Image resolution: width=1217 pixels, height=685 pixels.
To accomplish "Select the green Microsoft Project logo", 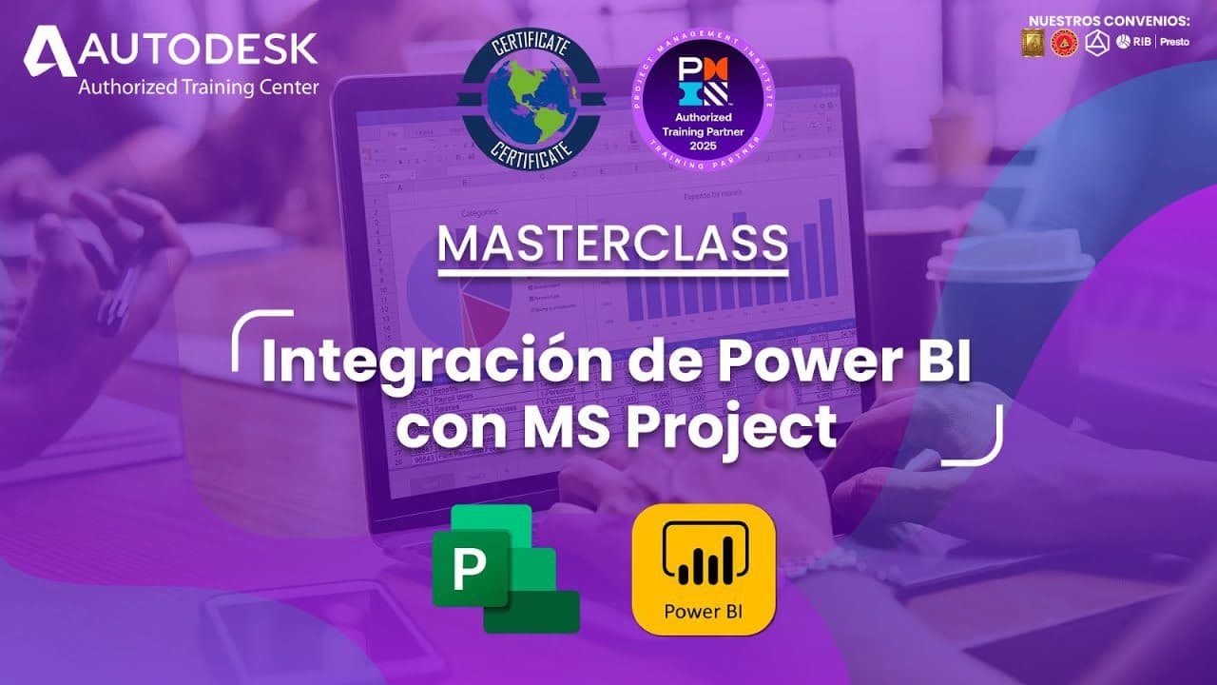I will [x=504, y=568].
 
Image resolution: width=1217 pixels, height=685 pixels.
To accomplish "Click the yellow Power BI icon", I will [x=704, y=569].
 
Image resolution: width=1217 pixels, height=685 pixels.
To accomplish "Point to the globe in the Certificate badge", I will [x=529, y=101].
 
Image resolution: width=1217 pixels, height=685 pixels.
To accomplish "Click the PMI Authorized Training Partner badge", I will [x=705, y=101].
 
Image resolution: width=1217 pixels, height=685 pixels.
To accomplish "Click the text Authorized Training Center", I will [x=198, y=88].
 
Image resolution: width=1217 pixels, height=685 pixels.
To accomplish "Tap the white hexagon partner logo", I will [x=1096, y=42].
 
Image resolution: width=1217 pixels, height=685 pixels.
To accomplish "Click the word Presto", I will [x=1174, y=42].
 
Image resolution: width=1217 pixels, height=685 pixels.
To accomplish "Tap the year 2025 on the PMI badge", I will [x=705, y=143].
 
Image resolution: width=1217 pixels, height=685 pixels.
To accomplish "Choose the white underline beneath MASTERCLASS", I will [x=612, y=273].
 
